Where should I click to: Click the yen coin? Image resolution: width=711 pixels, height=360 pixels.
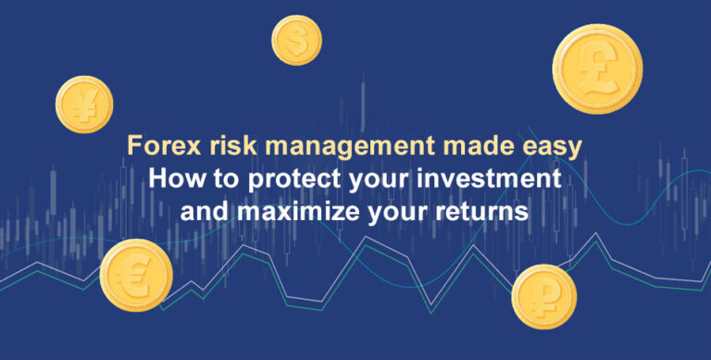[x=83, y=103]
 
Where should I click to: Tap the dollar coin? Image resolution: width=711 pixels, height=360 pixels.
[x=296, y=40]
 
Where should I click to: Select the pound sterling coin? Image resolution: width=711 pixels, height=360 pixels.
[x=597, y=68]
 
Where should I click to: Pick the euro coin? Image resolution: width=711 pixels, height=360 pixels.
[x=136, y=275]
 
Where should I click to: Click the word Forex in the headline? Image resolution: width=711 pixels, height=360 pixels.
[x=156, y=147]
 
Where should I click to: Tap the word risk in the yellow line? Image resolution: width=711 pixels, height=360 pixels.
[x=223, y=147]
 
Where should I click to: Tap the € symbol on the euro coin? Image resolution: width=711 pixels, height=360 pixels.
[x=135, y=276]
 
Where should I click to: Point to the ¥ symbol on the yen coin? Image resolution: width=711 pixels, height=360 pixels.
[x=83, y=104]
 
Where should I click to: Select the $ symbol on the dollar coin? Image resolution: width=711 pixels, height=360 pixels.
[x=296, y=40]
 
